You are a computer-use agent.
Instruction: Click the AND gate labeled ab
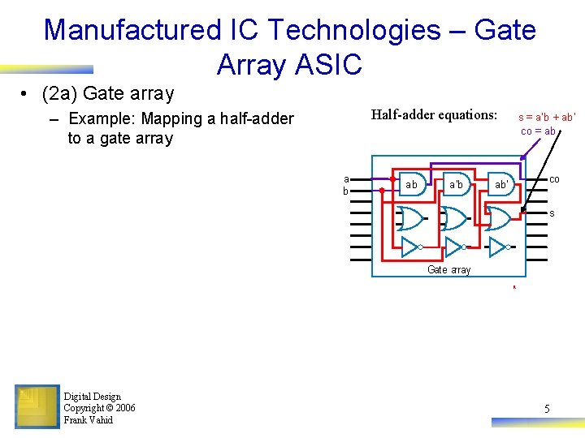coord(411,184)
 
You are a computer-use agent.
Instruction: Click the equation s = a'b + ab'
coord(547,117)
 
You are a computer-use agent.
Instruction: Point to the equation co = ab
coord(538,131)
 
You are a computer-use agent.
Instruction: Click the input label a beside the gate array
coord(346,178)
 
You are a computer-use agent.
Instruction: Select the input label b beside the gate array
coord(345,191)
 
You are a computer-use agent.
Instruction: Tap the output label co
coord(553,178)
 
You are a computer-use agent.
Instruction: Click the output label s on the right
coord(552,213)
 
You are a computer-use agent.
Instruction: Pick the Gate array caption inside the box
coord(448,270)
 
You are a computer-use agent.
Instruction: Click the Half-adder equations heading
coord(434,114)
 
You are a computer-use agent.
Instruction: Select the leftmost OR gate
coord(409,218)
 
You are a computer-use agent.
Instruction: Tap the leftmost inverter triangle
coord(409,246)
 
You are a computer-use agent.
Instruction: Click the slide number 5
coord(547,409)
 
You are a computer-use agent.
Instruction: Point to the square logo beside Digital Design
coord(37,406)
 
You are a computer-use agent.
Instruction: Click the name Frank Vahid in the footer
coord(88,420)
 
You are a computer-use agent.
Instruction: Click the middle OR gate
coord(454,218)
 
